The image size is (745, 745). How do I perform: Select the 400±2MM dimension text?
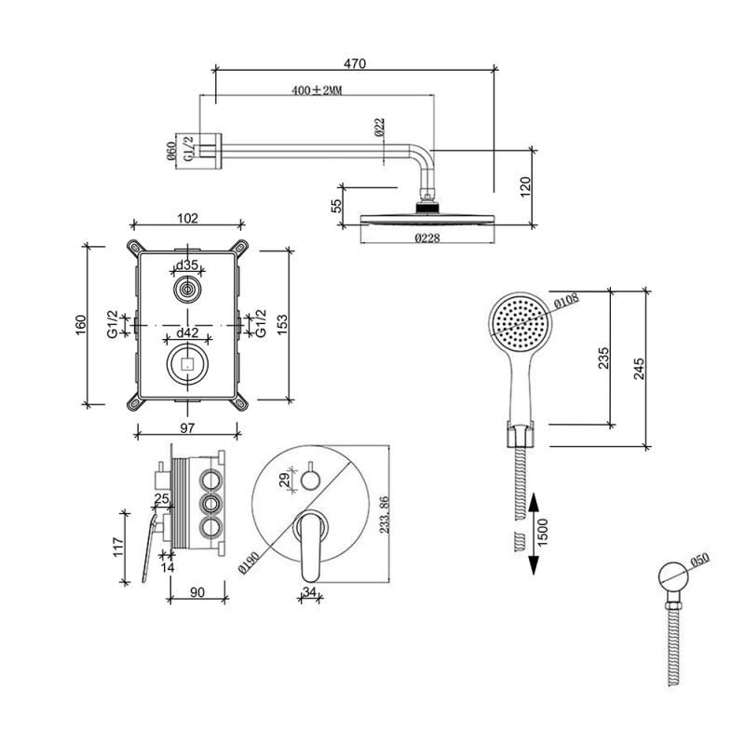tap(318, 90)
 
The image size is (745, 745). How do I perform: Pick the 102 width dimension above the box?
tap(187, 219)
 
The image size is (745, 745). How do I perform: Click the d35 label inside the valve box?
tap(188, 265)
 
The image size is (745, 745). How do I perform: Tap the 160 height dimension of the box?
tap(82, 323)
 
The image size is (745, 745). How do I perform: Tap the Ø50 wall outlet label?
tap(698, 561)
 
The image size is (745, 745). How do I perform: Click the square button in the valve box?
tap(188, 363)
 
